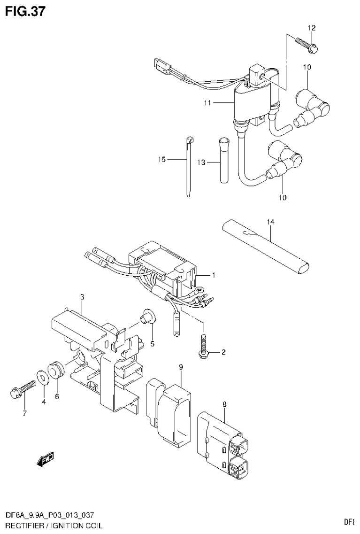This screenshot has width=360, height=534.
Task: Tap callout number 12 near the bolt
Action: pyautogui.click(x=310, y=28)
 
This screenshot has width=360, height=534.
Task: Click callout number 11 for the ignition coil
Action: pyautogui.click(x=207, y=102)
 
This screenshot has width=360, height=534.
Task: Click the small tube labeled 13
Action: pyautogui.click(x=222, y=160)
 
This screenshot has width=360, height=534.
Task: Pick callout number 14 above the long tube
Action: pyautogui.click(x=271, y=221)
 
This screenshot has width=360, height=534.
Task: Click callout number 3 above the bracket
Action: pyautogui.click(x=82, y=297)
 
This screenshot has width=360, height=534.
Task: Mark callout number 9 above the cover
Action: pyautogui.click(x=180, y=367)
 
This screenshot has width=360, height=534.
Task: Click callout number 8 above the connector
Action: pyautogui.click(x=224, y=403)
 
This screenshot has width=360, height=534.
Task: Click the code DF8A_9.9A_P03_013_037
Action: pyautogui.click(x=52, y=517)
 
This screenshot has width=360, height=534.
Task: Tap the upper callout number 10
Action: pyautogui.click(x=307, y=68)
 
